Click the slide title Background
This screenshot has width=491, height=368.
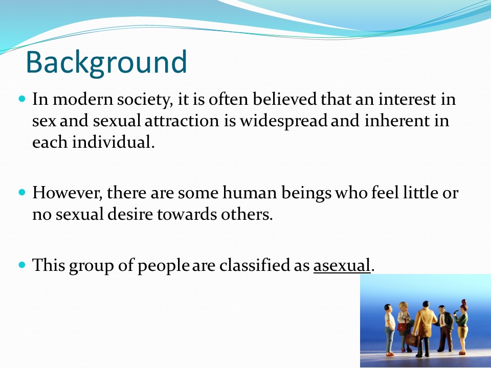[x=106, y=62]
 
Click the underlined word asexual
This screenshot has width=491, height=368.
[x=342, y=265]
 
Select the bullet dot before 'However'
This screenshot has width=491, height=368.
[x=21, y=192]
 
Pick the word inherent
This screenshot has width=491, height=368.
[x=397, y=121]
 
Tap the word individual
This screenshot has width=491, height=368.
[x=114, y=142]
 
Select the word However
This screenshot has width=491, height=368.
[x=68, y=193]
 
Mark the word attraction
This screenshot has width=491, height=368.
[x=182, y=121]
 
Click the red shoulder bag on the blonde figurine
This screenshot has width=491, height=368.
[x=402, y=327]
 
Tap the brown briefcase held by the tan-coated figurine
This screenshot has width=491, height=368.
[x=412, y=340]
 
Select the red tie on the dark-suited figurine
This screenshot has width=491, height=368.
[x=442, y=319]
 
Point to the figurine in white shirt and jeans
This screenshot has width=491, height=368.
[x=389, y=330]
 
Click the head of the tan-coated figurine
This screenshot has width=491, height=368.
[x=426, y=305]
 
